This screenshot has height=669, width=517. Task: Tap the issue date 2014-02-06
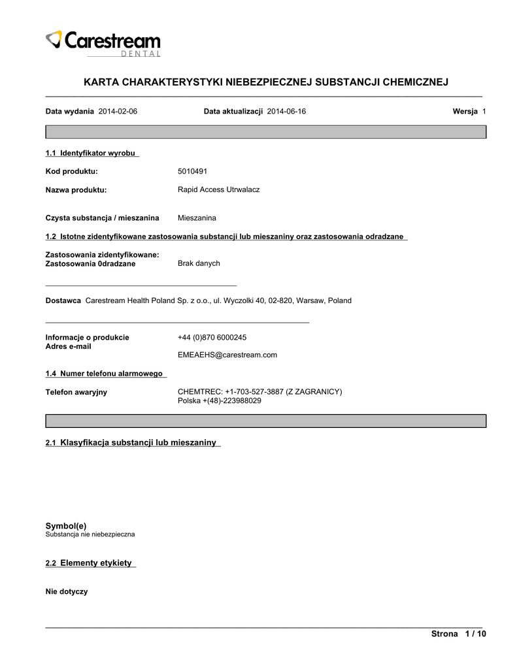pos(118,112)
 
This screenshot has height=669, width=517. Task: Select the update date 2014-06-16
pos(286,112)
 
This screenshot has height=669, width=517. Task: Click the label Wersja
pos(465,112)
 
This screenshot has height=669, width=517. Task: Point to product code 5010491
pos(192,171)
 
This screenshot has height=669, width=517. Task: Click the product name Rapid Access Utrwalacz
pos(218,189)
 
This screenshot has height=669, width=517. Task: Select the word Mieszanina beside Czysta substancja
pos(197,218)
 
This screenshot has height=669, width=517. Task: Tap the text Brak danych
pos(199,263)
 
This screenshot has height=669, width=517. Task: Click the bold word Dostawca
pos(63,301)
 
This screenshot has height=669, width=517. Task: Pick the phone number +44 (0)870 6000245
pos(212,337)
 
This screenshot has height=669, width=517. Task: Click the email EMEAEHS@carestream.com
pos(227,355)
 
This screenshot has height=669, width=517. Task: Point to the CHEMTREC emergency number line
pos(259,391)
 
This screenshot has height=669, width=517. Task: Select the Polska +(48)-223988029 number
pos(219,400)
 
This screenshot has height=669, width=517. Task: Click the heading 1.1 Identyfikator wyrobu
pos(92,153)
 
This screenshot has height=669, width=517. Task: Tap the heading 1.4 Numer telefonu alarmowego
pos(106,373)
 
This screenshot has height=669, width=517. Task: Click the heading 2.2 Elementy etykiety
pos(91,563)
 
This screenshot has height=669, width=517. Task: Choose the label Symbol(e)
pos(65,525)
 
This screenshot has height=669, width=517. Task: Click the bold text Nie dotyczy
pos(66,591)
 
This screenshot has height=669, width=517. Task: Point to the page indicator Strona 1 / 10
pos(459,634)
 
